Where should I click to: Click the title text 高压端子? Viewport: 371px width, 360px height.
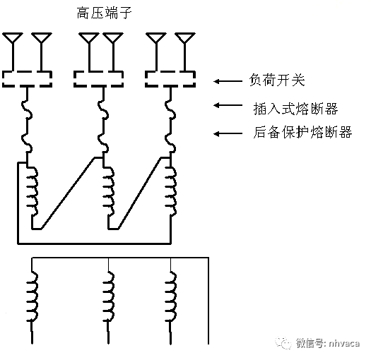pos(104,13)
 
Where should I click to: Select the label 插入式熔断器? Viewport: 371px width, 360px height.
pos(285,107)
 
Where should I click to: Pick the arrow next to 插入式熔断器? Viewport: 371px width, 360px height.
pos(228,107)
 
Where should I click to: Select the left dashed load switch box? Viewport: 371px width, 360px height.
pos(28,78)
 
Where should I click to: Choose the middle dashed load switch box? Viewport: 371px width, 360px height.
pos(100,78)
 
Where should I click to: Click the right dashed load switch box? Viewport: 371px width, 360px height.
pos(170,78)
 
